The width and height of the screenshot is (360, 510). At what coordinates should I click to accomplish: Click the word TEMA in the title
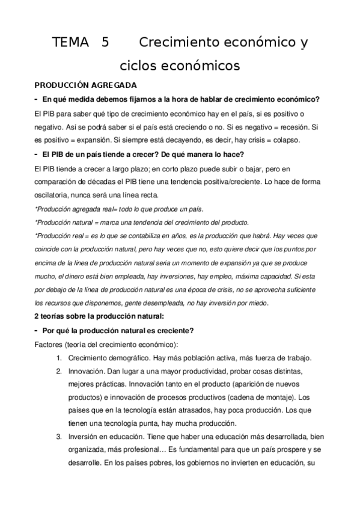69,43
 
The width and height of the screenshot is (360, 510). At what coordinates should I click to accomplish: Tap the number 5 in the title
106,43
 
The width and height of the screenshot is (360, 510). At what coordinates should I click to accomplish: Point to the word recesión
298,127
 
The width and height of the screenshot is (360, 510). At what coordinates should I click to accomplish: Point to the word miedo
257,303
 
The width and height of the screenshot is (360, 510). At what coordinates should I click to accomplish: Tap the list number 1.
59,357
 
